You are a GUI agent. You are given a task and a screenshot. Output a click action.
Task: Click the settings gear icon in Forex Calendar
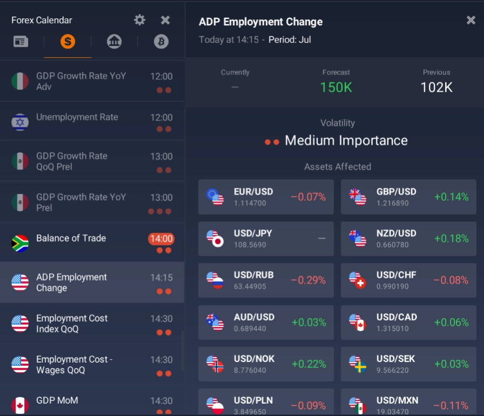pyautogui.click(x=140, y=20)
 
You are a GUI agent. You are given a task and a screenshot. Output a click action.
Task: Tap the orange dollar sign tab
pyautogui.click(x=67, y=42)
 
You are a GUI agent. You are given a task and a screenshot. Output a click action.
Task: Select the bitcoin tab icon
pyautogui.click(x=161, y=42)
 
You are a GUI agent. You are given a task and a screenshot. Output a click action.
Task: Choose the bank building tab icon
pyautogui.click(x=114, y=42)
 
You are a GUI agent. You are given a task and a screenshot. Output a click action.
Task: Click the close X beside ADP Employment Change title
pyautogui.click(x=471, y=20)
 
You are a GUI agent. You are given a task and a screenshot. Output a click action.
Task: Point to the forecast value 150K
pyautogui.click(x=336, y=87)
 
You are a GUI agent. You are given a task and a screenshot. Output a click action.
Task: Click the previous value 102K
pyautogui.click(x=436, y=87)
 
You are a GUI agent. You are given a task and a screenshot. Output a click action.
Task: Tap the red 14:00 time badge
pyautogui.click(x=161, y=238)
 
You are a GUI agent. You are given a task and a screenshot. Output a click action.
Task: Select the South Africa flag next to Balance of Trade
pyautogui.click(x=20, y=243)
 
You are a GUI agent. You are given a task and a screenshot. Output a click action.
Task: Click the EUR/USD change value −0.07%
pyautogui.click(x=308, y=197)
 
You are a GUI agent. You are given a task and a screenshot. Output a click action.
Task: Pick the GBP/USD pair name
pyautogui.click(x=397, y=192)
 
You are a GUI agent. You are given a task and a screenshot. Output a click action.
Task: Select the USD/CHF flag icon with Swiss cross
pyautogui.click(x=357, y=280)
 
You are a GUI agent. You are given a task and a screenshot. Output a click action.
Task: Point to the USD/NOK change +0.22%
pyautogui.click(x=309, y=364)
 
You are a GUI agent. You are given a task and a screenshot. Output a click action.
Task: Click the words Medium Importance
pyautogui.click(x=346, y=141)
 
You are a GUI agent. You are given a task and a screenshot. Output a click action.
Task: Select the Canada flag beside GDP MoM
pyautogui.click(x=20, y=405)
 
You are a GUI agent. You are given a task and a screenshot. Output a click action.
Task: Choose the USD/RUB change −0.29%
pyautogui.click(x=308, y=280)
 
